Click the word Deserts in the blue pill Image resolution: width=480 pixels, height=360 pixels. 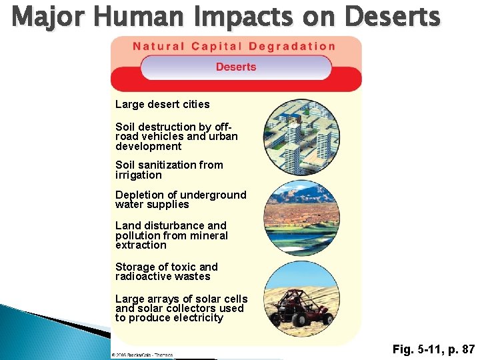coord(236,67)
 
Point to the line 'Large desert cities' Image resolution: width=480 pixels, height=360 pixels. coord(162,104)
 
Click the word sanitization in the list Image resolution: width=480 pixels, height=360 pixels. coord(177,165)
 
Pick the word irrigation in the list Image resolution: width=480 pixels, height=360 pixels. coord(138,175)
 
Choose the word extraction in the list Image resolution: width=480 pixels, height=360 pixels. coord(141,245)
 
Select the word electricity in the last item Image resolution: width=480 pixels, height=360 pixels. coord(198,318)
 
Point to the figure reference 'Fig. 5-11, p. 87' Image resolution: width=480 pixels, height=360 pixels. coord(433,349)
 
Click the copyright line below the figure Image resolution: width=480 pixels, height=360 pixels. coord(142,355)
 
